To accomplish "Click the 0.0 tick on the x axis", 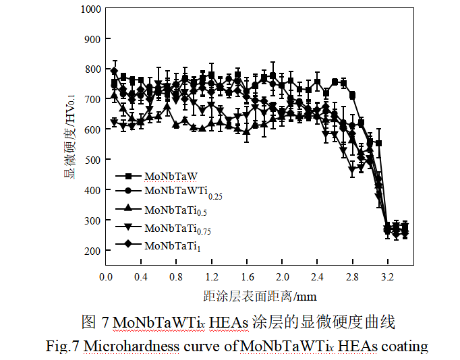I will tap(105, 276).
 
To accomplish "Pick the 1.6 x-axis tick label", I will tap(247, 276).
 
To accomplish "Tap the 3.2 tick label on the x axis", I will tap(388, 276).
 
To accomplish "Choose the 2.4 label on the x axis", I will tap(317, 276).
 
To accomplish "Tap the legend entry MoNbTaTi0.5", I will tap(173, 210).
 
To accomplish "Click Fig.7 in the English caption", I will tap(62, 347).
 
